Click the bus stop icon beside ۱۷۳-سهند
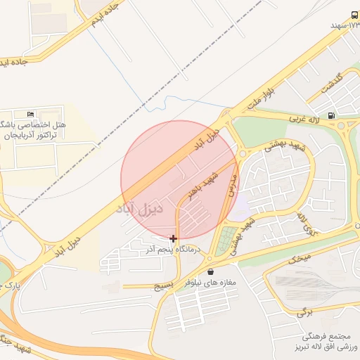[353, 15]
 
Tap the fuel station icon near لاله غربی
[330, 115]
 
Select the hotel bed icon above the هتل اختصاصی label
[30, 114]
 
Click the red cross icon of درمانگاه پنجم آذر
[174, 238]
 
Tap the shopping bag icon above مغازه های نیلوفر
[211, 271]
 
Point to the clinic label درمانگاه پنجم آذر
[174, 249]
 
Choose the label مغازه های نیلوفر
[210, 282]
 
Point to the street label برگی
[304, 310]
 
